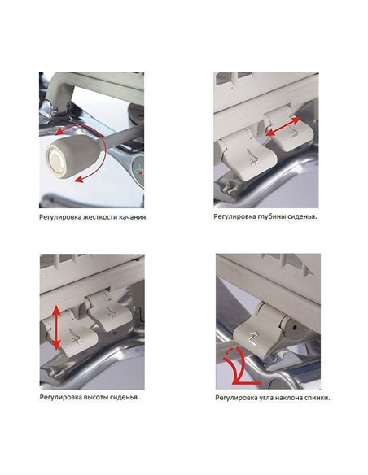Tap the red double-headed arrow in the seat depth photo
click(x=283, y=127)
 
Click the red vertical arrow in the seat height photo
click(x=56, y=328)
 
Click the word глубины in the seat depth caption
click(x=268, y=216)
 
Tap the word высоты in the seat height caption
click(x=93, y=397)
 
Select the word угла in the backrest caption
click(x=266, y=398)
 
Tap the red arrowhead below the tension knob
click(x=79, y=180)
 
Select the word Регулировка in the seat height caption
click(x=60, y=397)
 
